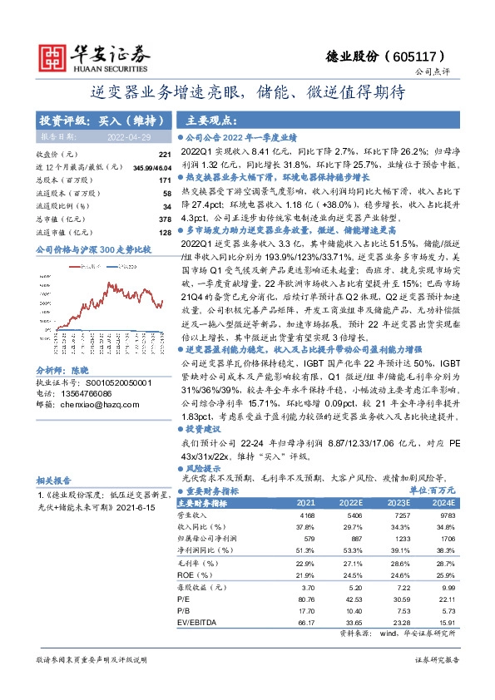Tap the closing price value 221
(x=165, y=155)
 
